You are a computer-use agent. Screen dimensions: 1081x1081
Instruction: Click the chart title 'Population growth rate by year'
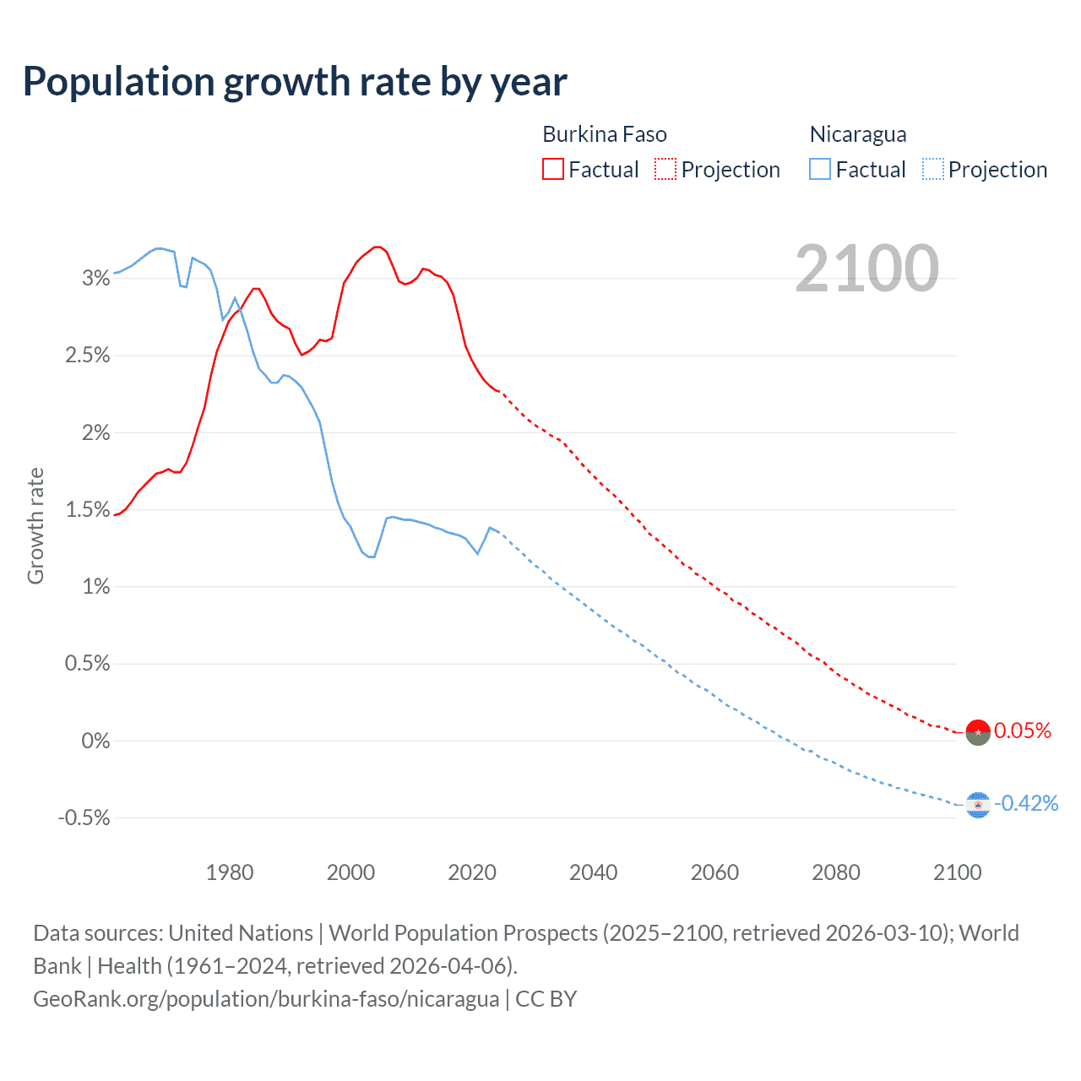pos(295,82)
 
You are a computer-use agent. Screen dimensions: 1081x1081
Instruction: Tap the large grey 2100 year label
pos(866,269)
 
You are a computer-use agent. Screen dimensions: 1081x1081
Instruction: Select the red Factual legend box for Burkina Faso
pos(552,170)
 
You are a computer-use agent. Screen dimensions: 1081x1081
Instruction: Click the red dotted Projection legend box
pos(665,170)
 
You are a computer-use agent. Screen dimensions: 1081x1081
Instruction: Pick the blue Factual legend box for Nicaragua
pos(819,170)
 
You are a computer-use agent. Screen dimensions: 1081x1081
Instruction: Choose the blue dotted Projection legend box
pos(932,170)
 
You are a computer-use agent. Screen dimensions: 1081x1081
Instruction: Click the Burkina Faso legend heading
pos(604,134)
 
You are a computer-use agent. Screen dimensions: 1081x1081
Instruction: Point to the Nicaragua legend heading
pos(857,134)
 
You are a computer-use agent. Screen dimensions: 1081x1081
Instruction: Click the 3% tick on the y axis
pos(96,278)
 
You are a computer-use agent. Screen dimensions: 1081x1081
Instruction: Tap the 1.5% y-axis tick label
pos(88,509)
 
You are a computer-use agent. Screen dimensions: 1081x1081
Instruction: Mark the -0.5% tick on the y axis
pos(84,818)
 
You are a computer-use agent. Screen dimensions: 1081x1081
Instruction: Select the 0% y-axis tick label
pos(96,741)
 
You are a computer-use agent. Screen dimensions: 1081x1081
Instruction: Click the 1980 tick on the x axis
pos(230,872)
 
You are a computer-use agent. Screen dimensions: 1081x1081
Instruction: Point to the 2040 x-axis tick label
pos(593,872)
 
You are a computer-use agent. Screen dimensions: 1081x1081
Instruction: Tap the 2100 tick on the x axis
pos(957,872)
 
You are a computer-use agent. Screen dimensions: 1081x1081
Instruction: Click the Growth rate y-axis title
pos(35,525)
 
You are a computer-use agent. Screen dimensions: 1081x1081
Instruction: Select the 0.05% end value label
pos(1023,731)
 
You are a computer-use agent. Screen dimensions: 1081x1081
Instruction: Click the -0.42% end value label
pos(1026,803)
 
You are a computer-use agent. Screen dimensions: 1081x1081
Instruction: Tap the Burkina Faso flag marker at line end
pos(977,732)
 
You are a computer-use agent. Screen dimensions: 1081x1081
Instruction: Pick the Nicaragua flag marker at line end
pos(977,805)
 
